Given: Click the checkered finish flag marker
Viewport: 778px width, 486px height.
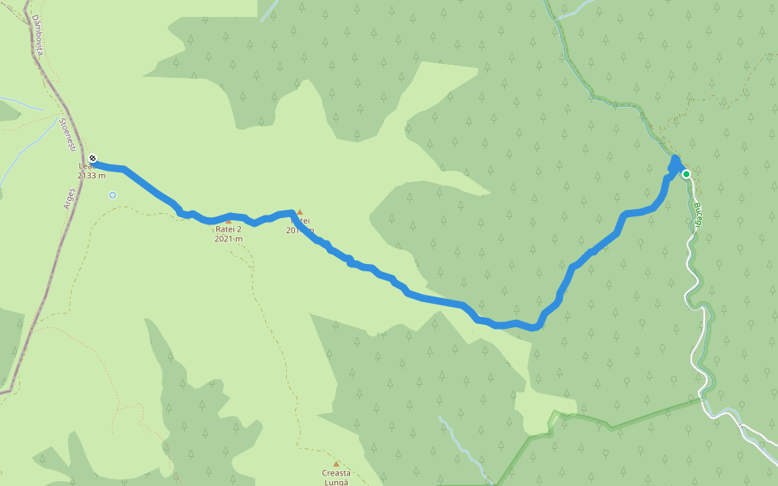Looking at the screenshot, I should [93, 158].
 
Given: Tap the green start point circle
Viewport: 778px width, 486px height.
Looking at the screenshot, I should [686, 174].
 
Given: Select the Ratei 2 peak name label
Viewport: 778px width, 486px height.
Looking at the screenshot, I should [229, 229].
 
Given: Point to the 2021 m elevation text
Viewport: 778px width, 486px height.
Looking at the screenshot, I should [229, 239].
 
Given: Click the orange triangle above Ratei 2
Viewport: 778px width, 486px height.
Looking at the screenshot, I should [229, 220].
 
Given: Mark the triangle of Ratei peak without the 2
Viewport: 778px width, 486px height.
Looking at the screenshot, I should [299, 212].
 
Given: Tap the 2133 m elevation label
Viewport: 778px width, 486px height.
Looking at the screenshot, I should [92, 175].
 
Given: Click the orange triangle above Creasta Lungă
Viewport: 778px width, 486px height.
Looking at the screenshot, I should [336, 464].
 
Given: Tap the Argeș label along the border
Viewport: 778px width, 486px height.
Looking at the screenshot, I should [71, 199].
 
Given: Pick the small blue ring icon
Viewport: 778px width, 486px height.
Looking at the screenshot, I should [113, 194].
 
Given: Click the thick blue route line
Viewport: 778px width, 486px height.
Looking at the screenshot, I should [438, 301].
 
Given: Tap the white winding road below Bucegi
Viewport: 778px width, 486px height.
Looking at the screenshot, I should [695, 275].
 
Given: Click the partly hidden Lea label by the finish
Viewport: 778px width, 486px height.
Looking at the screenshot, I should [83, 166].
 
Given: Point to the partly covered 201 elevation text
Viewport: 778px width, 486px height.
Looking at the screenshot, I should [293, 231].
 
